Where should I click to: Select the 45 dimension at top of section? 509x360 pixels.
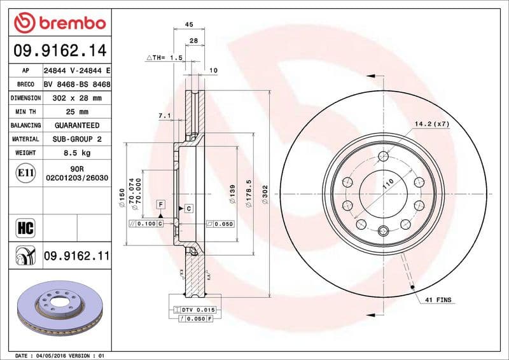pyautogui.click(x=188, y=24)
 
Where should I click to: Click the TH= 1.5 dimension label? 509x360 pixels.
pyautogui.click(x=165, y=57)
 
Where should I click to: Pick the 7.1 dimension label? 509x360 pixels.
pyautogui.click(x=164, y=116)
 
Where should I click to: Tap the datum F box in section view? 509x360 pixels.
pyautogui.click(x=161, y=204)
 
